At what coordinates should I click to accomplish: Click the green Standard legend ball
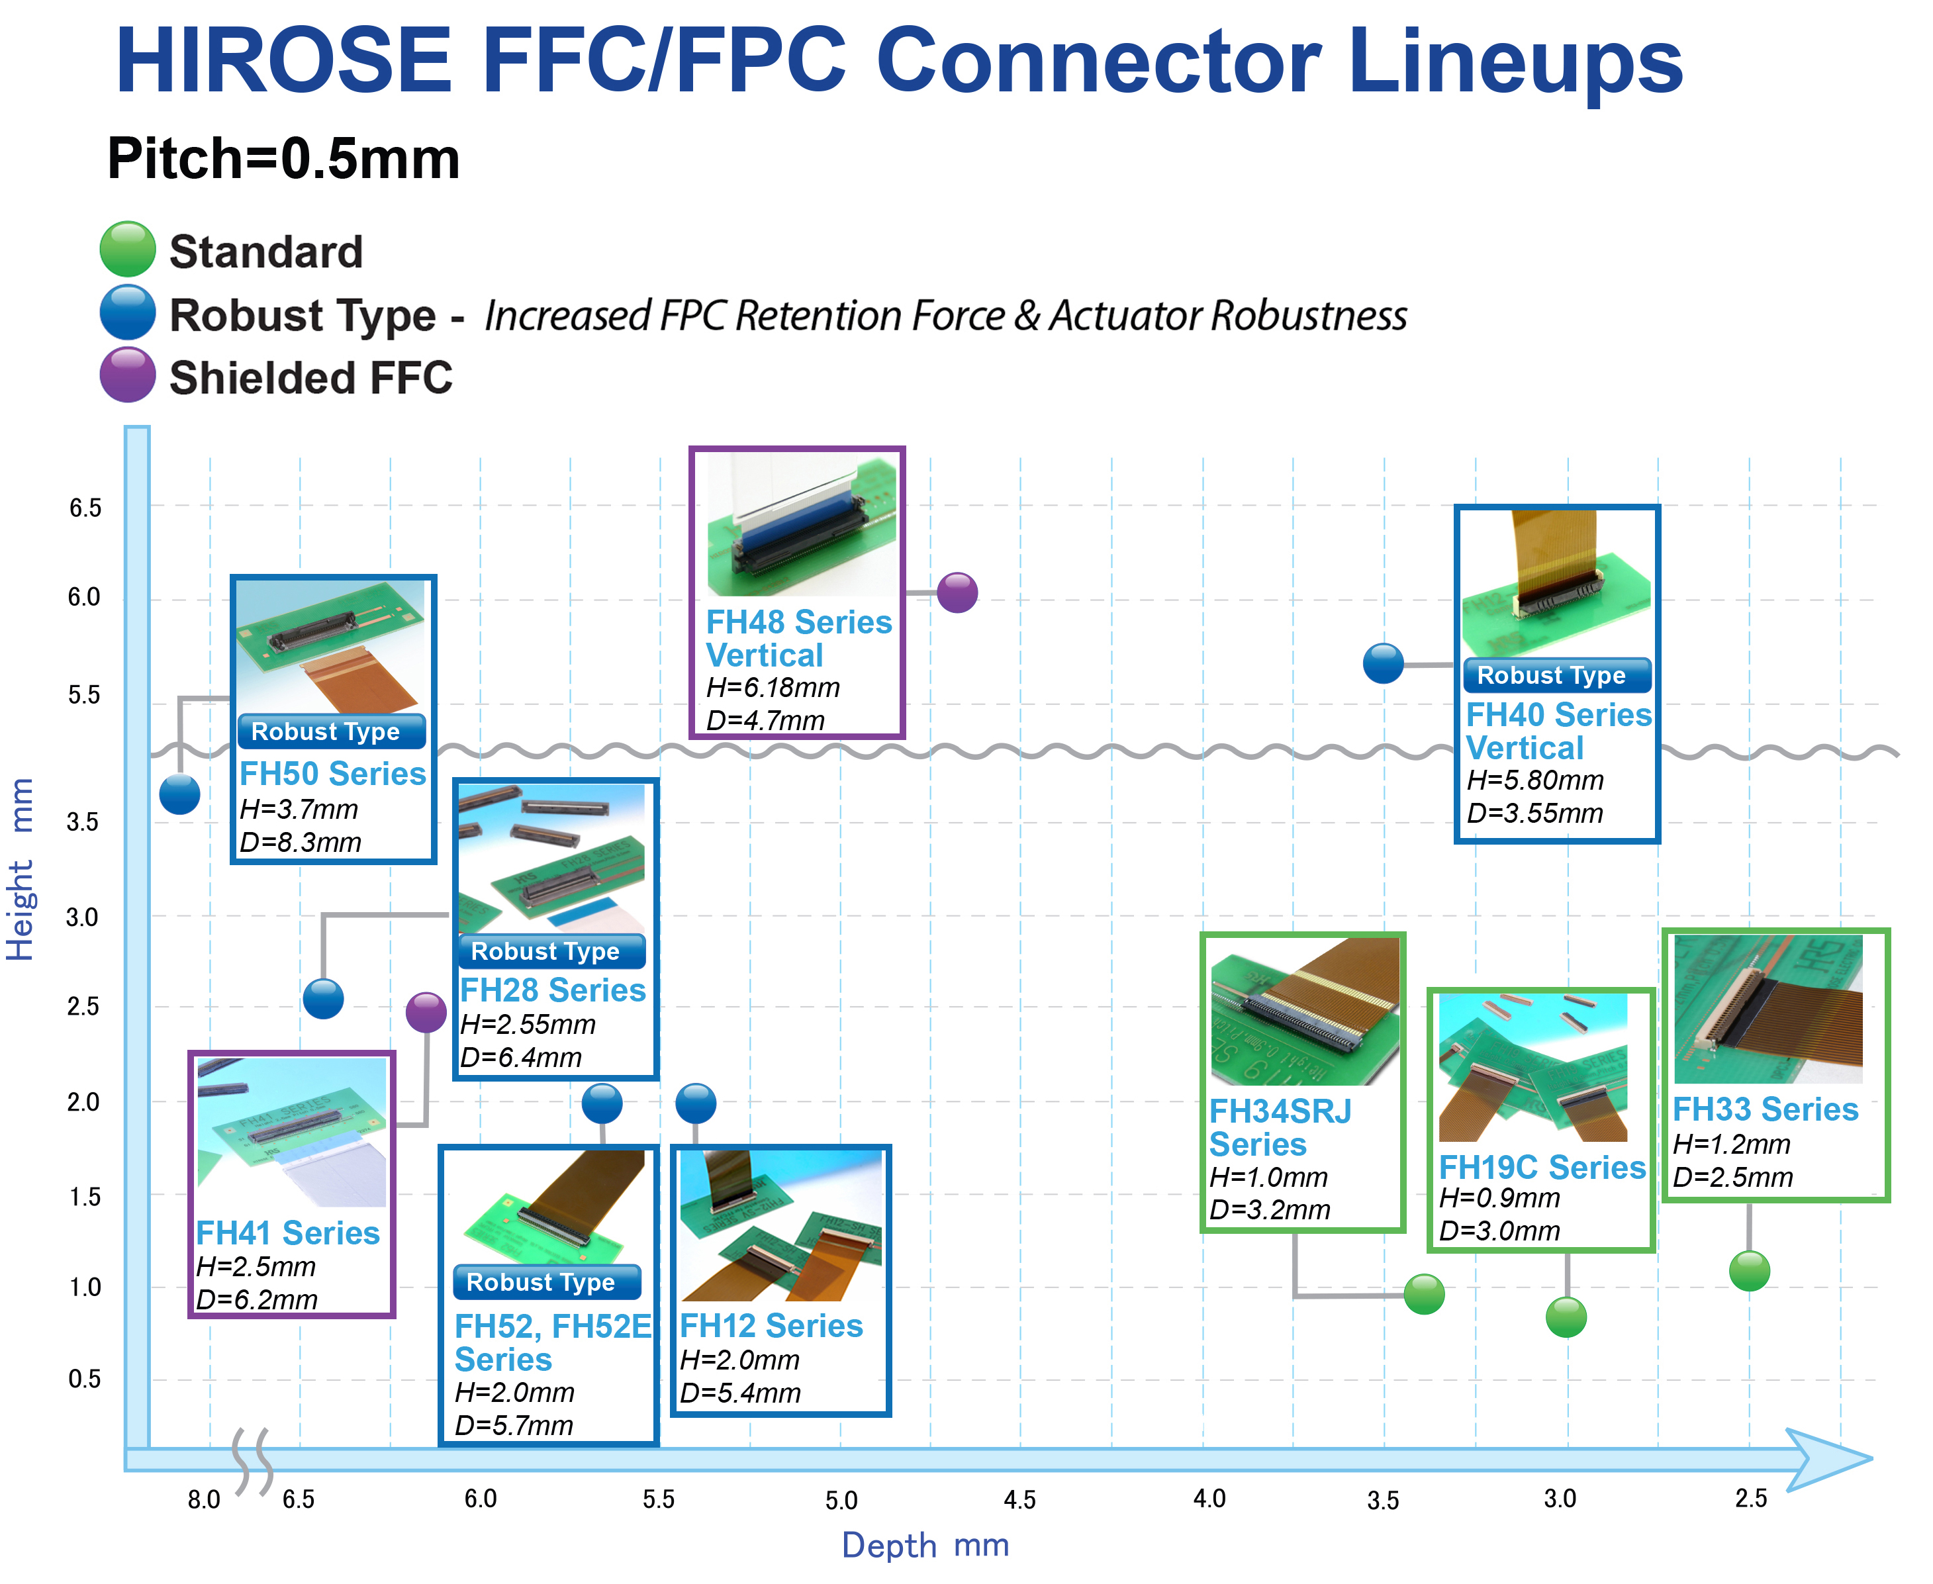point(128,249)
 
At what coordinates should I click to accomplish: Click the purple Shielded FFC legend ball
point(128,375)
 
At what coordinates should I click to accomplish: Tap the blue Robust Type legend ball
point(128,312)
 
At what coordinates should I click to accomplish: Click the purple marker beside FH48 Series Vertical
point(957,593)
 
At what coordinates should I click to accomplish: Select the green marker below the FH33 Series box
point(1750,1270)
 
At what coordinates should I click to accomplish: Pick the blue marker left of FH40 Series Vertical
point(1384,663)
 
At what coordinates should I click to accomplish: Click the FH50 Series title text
point(332,774)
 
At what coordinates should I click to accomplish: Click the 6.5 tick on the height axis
point(86,508)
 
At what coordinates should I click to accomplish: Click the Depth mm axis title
point(925,1546)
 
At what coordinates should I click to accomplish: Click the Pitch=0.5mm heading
point(284,159)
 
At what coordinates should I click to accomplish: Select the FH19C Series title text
point(1542,1167)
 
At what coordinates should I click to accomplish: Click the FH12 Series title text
point(771,1326)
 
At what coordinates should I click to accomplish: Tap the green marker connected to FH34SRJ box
point(1424,1294)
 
